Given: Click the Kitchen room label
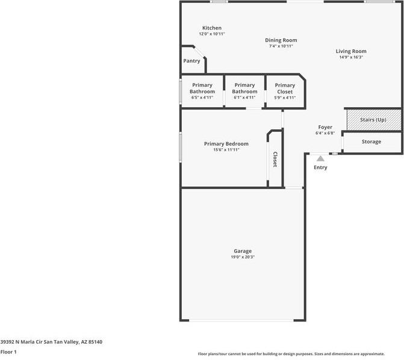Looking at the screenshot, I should [x=211, y=28].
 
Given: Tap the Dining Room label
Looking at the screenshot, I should [x=281, y=40].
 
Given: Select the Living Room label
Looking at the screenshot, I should [x=351, y=51].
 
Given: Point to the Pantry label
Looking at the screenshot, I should [x=191, y=61].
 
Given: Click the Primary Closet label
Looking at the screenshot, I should [x=285, y=88].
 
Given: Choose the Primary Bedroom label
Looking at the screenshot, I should [x=226, y=144].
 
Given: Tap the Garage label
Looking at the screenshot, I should [x=243, y=251].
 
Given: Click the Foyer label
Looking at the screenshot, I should [x=325, y=128].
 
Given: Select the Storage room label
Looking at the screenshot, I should [x=371, y=141].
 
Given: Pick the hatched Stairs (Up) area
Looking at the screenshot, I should [x=373, y=119].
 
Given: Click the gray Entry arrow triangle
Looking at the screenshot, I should [x=320, y=158].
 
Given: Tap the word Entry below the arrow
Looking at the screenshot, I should [x=320, y=167].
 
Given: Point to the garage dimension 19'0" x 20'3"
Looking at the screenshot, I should [x=243, y=257].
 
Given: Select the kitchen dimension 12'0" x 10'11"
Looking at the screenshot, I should [x=211, y=34].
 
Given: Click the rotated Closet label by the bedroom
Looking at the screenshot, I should [x=275, y=160].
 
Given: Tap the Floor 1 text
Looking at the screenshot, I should [x=8, y=351].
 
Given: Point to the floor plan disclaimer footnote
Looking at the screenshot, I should [x=299, y=354].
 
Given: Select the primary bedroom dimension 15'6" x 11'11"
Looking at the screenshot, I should [x=226, y=150].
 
